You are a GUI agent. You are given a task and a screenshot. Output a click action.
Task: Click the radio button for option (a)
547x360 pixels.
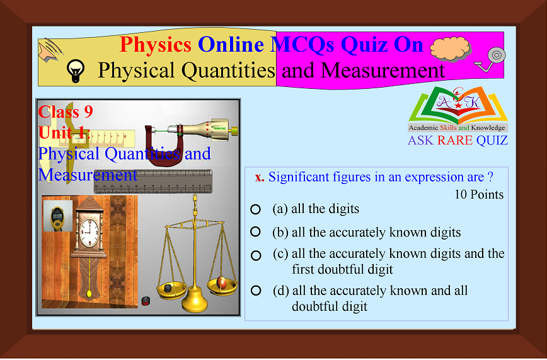(255, 209)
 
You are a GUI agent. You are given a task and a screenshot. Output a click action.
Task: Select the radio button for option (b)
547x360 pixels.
(255, 232)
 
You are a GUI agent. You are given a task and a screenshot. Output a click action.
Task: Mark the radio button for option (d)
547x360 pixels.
(255, 291)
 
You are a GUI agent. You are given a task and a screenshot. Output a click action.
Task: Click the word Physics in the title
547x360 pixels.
(156, 44)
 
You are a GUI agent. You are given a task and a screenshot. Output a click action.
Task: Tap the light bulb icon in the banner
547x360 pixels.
(76, 71)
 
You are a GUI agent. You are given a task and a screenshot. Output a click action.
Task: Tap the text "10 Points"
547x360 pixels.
(479, 194)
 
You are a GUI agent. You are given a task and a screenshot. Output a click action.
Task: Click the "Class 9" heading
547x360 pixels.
(66, 112)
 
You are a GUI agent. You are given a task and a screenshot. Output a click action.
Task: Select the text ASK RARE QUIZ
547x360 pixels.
(458, 140)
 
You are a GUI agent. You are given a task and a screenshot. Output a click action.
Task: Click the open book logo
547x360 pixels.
(458, 106)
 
